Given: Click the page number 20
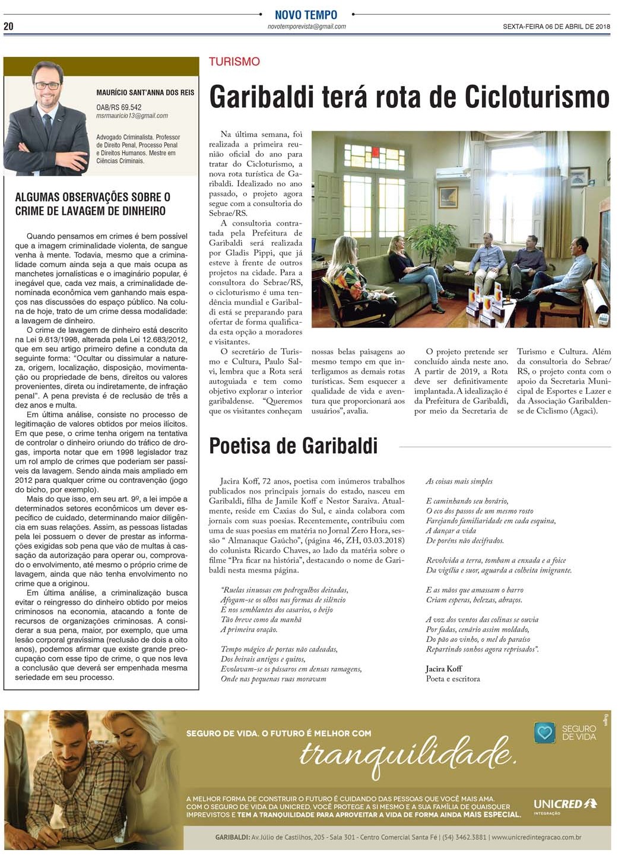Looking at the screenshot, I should coord(8,26).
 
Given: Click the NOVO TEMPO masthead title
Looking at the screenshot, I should coord(306,14).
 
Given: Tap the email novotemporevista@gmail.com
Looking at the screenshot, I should coord(306,27).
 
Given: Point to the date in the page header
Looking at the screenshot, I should coord(556,27).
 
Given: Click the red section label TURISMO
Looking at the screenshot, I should coord(234,62).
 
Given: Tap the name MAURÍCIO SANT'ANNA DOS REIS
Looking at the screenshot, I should coord(145,93).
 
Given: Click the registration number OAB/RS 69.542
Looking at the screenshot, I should coord(119,107).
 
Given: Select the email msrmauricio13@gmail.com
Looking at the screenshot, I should coord(132,116).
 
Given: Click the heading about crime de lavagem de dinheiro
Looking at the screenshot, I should coord(93,204).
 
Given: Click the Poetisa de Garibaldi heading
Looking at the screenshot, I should coord(293,446).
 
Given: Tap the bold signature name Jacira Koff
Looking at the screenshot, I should coord(443,669).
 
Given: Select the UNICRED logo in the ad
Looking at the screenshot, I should coord(565,804).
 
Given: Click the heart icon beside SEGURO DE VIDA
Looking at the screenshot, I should coord(544,733).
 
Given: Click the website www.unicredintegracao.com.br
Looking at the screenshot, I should coord(536,838).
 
